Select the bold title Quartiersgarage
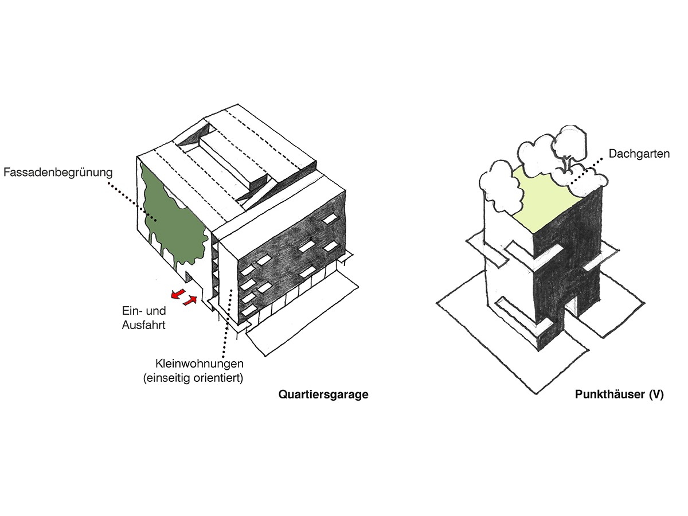[323, 395]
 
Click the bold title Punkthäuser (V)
[619, 395]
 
